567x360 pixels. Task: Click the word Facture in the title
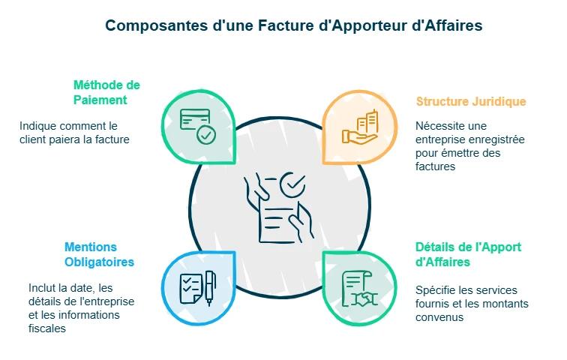pos(287,25)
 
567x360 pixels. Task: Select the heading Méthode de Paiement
pos(106,92)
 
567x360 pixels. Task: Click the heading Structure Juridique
pos(470,101)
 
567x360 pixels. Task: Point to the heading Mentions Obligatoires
pos(99,254)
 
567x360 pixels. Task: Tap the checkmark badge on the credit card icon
pos(205,136)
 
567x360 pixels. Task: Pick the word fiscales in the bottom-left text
pos(47,328)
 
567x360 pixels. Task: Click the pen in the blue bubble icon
pos(210,287)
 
